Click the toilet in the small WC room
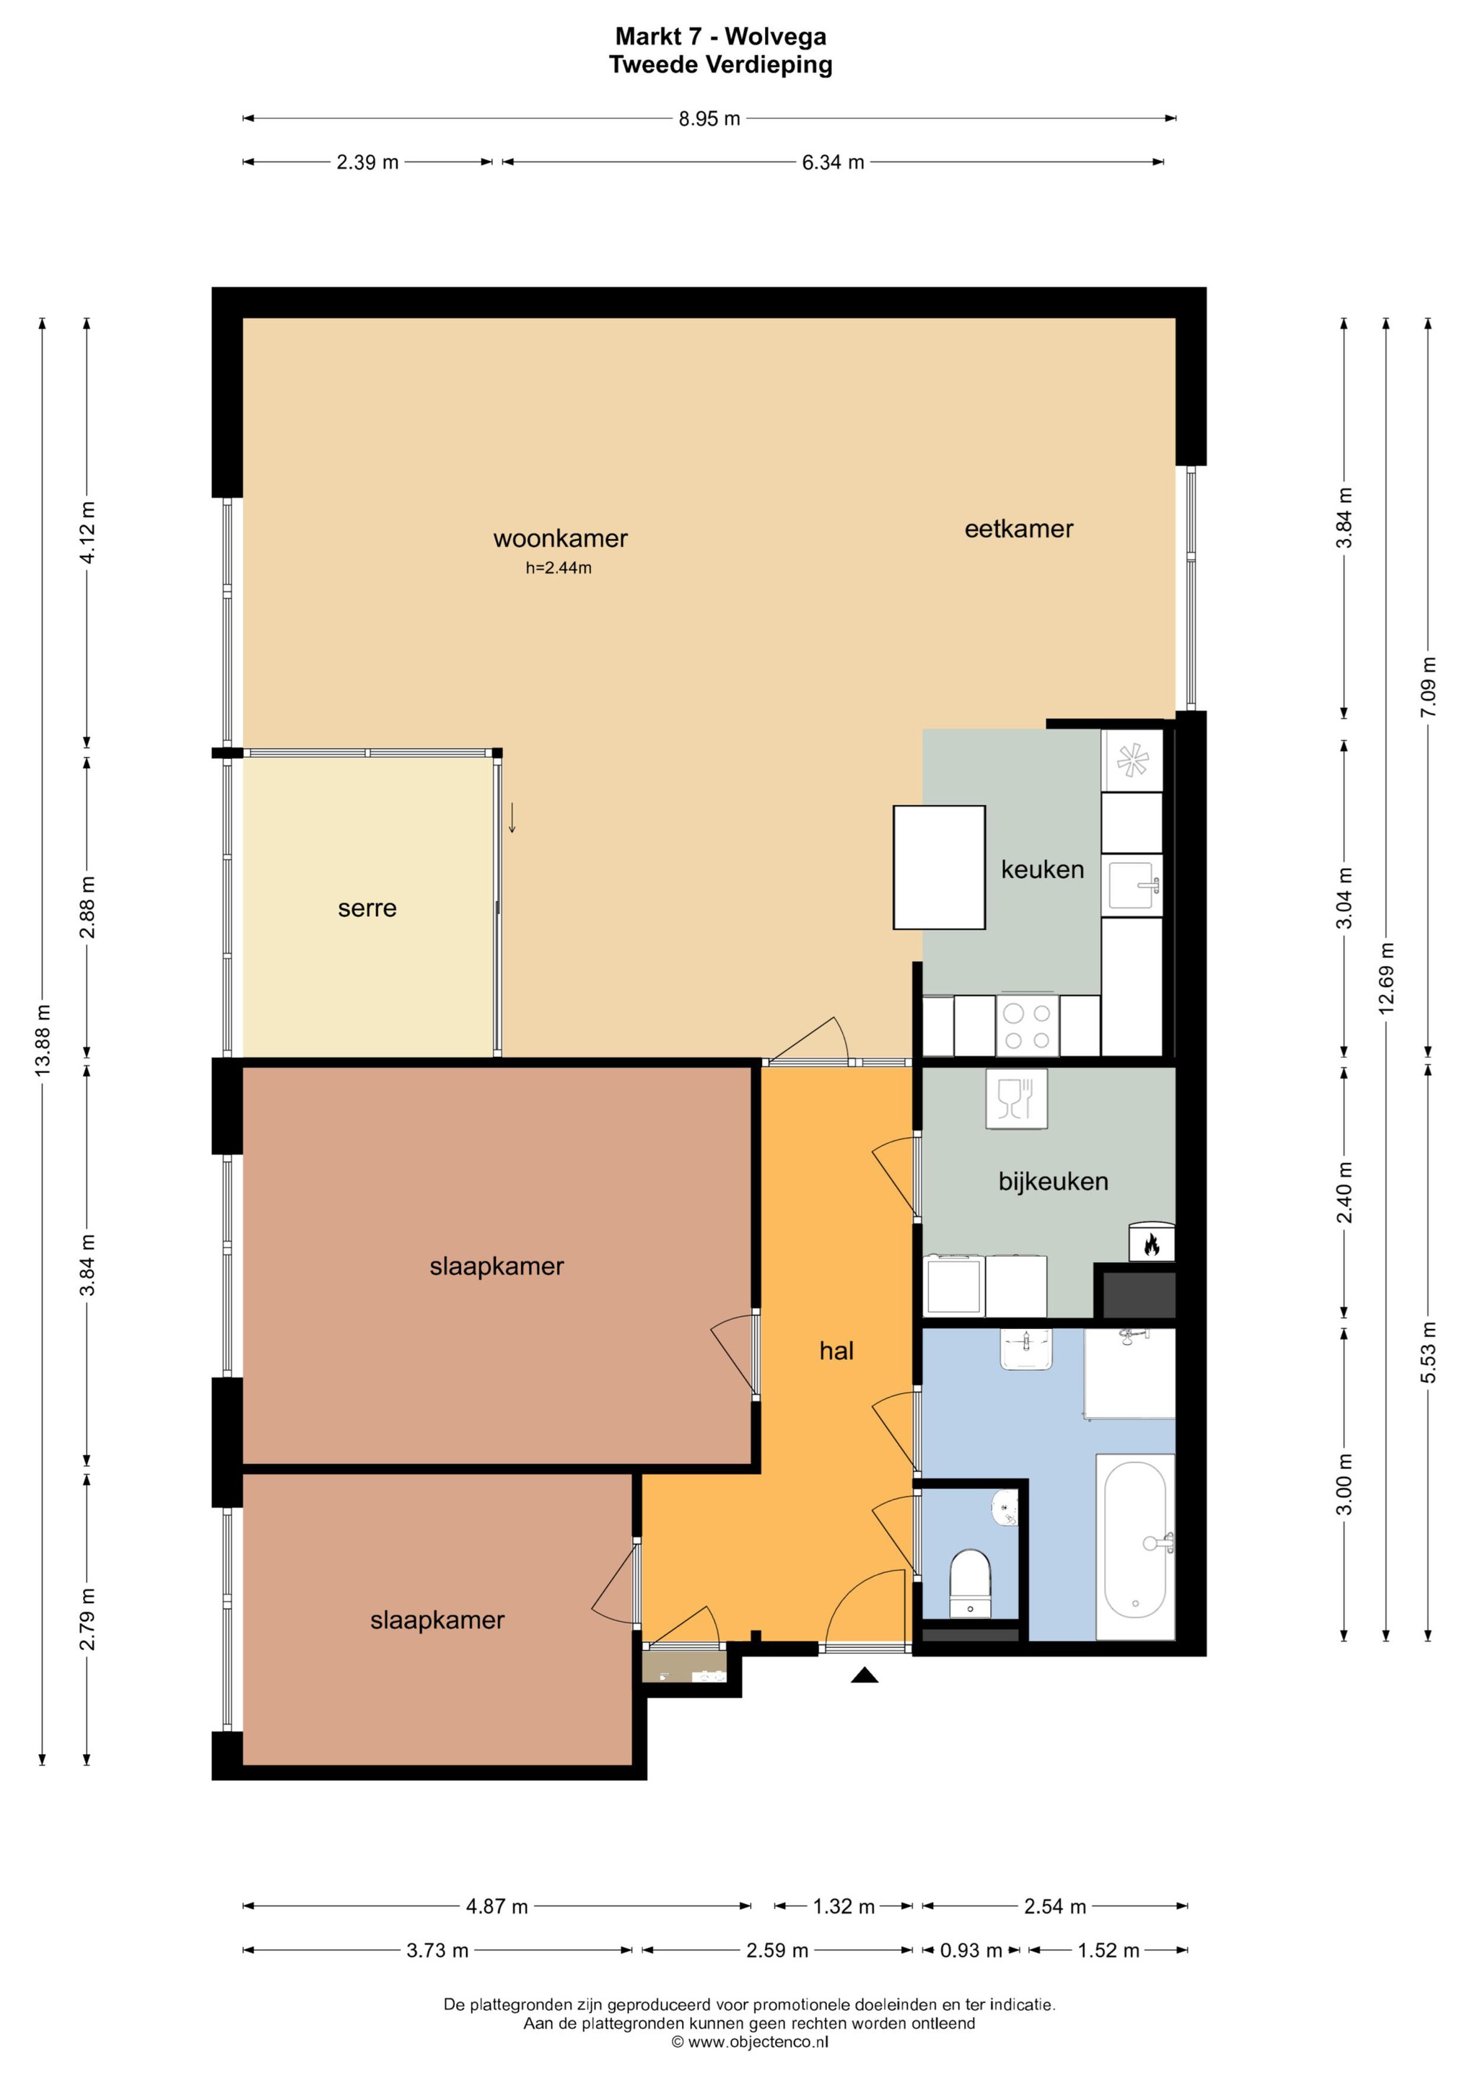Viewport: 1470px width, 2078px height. click(971, 1583)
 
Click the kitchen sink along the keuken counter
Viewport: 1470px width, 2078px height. click(1132, 885)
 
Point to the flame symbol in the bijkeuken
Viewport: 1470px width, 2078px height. click(1151, 1245)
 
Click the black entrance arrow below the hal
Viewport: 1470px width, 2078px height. click(865, 1675)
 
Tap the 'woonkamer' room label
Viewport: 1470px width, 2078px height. click(560, 538)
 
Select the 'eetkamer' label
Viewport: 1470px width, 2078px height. click(1018, 529)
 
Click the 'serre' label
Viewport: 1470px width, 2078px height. click(367, 908)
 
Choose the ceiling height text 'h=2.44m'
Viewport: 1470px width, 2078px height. click(559, 569)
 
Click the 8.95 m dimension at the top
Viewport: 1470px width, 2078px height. click(709, 118)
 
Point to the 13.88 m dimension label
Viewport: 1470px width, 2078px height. click(43, 1040)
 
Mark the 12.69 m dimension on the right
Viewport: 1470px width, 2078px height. click(1386, 978)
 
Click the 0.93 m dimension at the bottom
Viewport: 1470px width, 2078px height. click(971, 1950)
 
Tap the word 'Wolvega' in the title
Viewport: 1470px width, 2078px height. click(776, 37)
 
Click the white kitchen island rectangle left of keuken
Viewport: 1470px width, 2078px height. click(939, 867)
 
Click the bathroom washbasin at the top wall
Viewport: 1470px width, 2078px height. click(1028, 1349)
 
